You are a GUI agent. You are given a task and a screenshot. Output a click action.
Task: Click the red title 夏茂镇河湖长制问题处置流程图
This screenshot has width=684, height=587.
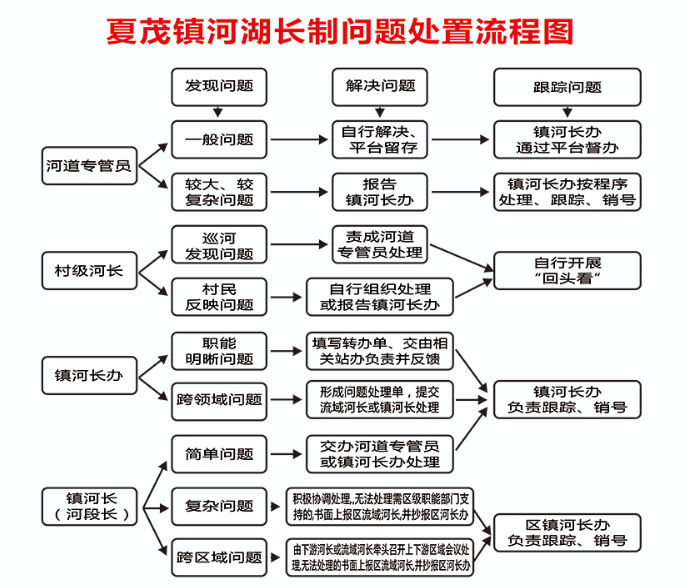[341, 30]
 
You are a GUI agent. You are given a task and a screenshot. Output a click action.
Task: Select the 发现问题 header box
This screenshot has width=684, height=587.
[219, 87]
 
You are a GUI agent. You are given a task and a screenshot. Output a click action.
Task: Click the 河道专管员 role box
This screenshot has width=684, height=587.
[88, 165]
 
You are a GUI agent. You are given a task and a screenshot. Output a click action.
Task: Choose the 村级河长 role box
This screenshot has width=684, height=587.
[88, 271]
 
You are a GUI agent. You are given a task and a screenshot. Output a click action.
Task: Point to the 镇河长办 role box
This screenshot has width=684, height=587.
[88, 377]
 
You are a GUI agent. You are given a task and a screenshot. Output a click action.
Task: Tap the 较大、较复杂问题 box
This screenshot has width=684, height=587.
[219, 192]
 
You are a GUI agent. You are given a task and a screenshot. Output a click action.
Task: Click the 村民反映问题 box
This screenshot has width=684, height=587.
[219, 297]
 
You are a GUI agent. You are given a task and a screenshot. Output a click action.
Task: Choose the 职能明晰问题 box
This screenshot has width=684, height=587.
[219, 351]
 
